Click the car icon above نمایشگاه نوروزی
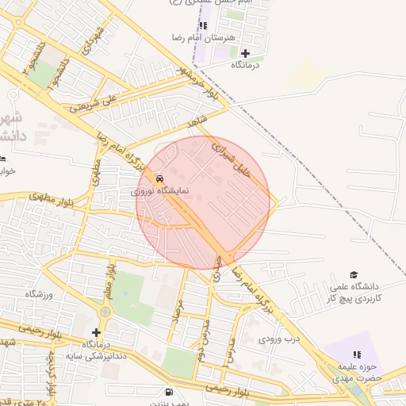point(162,178)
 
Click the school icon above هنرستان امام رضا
point(204,25)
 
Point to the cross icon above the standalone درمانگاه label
point(244,53)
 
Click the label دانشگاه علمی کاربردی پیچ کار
point(354,292)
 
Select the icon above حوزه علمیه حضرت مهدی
point(357,354)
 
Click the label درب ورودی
point(278,339)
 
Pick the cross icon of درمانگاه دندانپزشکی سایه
point(97,332)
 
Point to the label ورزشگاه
point(38,294)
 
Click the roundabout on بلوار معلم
point(106,312)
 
